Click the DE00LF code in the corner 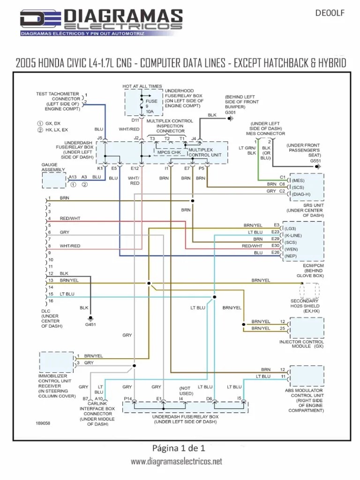(331, 13)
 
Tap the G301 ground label (231, 113)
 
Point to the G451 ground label (90, 324)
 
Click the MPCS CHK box (169, 152)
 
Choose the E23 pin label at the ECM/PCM (276, 232)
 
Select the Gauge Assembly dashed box (54, 180)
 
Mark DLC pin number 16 (50, 301)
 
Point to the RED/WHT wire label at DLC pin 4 (70, 218)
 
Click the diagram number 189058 (43, 423)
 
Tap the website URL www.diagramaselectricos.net (176, 462)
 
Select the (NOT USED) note (186, 391)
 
